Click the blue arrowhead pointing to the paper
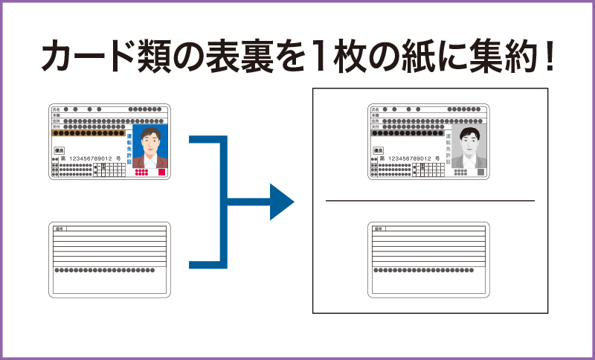(x=280, y=202)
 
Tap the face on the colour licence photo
(x=150, y=141)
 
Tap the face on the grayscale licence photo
(x=469, y=140)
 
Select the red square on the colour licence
(x=161, y=172)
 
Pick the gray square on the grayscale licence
(x=480, y=172)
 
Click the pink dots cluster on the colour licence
(x=141, y=173)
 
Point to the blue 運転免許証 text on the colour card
(x=128, y=149)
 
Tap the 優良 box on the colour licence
(x=59, y=150)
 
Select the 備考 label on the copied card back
(x=378, y=229)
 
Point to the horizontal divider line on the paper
(x=430, y=201)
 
